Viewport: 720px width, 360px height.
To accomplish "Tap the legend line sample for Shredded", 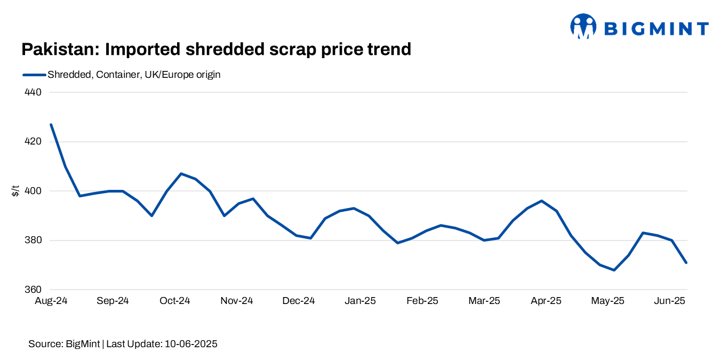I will (34, 75).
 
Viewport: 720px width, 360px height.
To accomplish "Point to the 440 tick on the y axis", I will (33, 92).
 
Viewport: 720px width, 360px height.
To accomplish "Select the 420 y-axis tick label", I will (33, 142).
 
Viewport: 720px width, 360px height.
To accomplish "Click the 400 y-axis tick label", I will (33, 191).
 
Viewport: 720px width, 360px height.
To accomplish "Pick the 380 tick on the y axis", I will (33, 241).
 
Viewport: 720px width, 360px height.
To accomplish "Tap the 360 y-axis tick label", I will (33, 290).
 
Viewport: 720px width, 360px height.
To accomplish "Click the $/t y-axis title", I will (15, 190).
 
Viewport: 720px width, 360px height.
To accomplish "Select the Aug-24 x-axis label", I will (51, 301).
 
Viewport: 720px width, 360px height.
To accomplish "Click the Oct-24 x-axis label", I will (174, 301).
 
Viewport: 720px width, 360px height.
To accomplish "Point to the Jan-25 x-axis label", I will (360, 301).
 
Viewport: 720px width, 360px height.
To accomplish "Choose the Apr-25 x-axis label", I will (546, 301).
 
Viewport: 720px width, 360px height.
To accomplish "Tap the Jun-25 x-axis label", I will (669, 301).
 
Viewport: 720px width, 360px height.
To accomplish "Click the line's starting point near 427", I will (51, 124).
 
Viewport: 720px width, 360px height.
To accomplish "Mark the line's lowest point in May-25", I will (614, 270).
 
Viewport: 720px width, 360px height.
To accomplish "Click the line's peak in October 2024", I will (181, 173).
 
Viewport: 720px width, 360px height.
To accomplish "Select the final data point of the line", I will (686, 262).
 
